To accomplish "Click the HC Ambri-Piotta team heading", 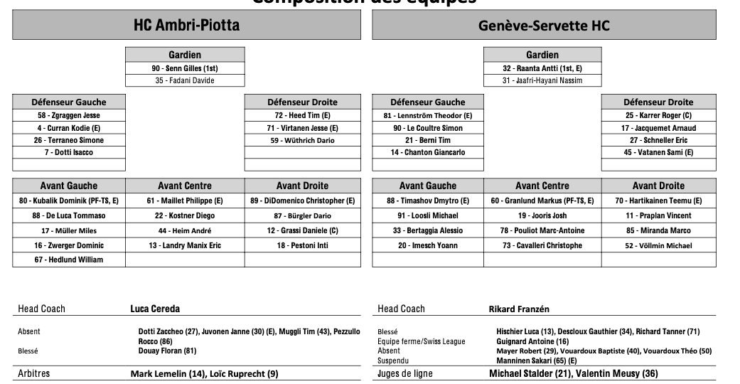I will [186, 26].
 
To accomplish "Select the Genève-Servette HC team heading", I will [544, 26].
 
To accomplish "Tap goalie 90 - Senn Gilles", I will [185, 68].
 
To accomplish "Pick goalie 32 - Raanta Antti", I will [542, 68].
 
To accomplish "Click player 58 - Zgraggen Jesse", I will [69, 115].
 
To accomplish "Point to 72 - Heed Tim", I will [302, 115].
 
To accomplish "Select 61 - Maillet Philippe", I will [185, 201].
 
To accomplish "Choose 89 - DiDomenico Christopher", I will [302, 201].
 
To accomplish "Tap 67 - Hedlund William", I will [69, 260].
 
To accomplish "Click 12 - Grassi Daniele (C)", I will [302, 230].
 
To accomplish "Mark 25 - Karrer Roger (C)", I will [658, 115].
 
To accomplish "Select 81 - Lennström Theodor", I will [427, 115].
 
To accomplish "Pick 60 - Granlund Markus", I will [542, 201].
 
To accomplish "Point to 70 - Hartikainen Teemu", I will [658, 201].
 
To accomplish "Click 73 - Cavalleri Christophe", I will [542, 245].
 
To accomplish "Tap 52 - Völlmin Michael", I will [658, 245].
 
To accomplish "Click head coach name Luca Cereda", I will [155, 309].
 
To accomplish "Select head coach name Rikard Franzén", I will [519, 309].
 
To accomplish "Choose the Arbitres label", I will [34, 373].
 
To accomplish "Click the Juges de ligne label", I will [405, 373].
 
